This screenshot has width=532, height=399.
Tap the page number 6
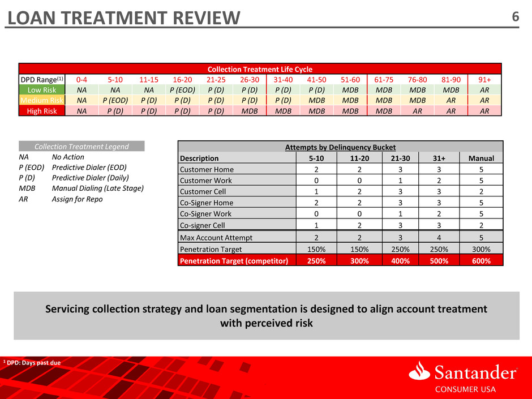[x=515, y=18]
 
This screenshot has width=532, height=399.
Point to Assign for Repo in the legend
[x=78, y=199]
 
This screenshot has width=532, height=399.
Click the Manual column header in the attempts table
[x=481, y=158]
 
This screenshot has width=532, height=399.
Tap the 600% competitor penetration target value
[x=481, y=260]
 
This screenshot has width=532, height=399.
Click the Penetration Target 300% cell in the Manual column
[x=481, y=249]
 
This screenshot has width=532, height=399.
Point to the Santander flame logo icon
[x=420, y=372]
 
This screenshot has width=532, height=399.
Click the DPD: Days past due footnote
[x=32, y=362]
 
